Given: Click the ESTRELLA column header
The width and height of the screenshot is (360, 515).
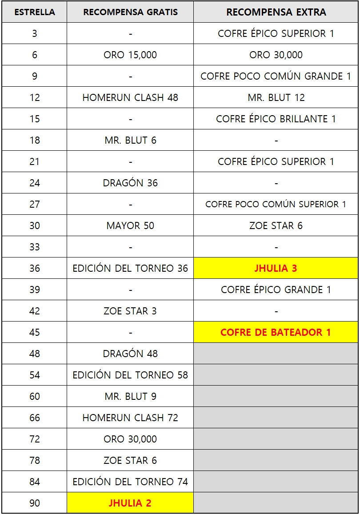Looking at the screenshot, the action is pos(35,12).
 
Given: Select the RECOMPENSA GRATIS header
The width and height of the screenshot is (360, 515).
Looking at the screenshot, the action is pos(130,12).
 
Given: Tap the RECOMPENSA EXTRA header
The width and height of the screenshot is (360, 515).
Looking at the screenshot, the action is pos(276,12).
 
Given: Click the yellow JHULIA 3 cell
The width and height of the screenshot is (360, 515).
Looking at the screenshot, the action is pos(276,268).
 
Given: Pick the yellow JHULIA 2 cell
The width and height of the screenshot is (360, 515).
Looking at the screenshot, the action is pos(130,503).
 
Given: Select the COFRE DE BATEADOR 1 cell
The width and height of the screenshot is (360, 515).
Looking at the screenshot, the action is pos(276,332).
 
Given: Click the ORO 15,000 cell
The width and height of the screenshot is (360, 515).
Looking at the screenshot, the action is pos(130,55).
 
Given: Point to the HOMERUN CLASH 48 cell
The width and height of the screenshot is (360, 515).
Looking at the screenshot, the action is pos(130,97).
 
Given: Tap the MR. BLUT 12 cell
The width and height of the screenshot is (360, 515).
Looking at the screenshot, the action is pos(276,97).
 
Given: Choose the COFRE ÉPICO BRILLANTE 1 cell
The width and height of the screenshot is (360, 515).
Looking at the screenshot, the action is pos(276,119).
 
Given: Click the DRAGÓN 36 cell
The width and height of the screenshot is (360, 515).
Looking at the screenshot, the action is pos(130,183).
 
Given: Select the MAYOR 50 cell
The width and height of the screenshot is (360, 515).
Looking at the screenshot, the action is pos(130,225).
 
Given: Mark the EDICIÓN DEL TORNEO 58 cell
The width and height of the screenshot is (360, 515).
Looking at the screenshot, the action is pos(130,375).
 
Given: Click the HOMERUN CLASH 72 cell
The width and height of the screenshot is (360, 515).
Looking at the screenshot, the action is pos(130,418).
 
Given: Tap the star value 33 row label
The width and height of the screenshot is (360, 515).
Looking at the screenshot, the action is pos(35,247).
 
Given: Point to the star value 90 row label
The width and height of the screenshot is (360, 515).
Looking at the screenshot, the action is pos(35,503).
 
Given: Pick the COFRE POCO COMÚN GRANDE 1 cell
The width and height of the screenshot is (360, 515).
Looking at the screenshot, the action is pos(276,76).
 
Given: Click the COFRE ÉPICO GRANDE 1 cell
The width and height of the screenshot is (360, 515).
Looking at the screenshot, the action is pos(276,290).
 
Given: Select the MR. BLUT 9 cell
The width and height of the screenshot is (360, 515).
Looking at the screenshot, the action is pos(130,396).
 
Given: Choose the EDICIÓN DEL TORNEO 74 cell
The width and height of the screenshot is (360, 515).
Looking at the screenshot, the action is pos(130,482).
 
